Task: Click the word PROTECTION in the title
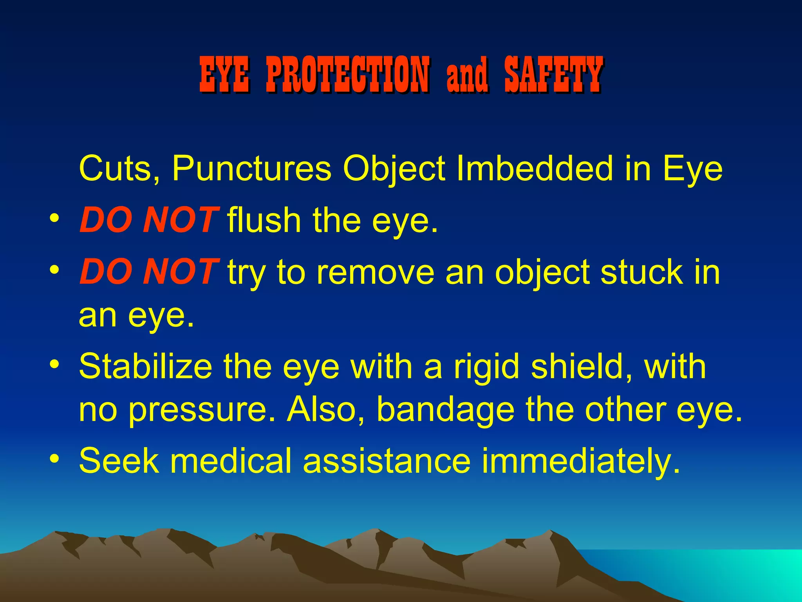coord(348,74)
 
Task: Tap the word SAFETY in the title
coord(553,74)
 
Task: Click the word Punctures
coord(252,169)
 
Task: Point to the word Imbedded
coord(535,168)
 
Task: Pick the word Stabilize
coord(145,366)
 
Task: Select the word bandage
coord(445,410)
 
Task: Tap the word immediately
coord(581,461)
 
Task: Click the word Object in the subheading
coord(394,169)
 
